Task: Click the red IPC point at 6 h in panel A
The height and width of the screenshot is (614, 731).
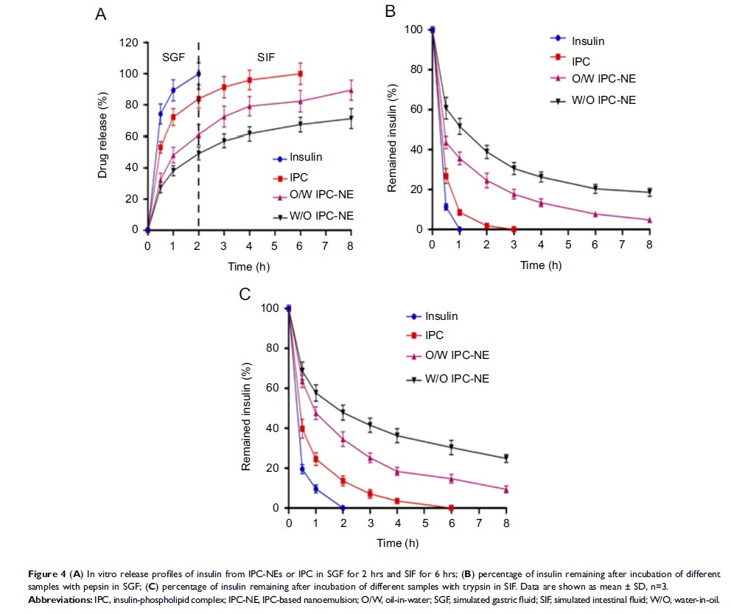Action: point(299,74)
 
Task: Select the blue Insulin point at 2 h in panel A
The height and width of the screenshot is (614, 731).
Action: point(198,74)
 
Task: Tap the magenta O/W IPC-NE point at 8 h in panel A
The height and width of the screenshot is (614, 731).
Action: point(351,91)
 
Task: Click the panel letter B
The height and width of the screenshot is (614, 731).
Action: point(391,11)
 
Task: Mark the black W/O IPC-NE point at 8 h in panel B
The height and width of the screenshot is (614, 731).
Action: point(649,192)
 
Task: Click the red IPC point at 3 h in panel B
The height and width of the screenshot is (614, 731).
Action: point(514,229)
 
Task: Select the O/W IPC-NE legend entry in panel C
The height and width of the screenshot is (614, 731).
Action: point(458,355)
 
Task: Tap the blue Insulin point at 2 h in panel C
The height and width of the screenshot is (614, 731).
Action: point(343,508)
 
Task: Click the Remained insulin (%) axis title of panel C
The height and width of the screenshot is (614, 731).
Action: point(248,408)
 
